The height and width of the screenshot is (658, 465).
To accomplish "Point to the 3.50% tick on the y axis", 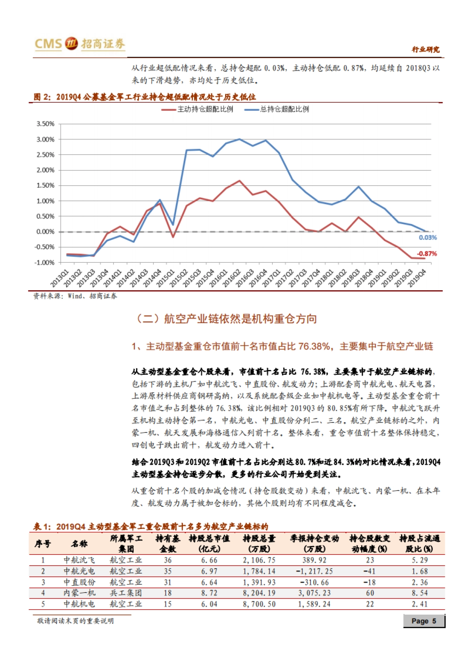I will (x=45, y=124).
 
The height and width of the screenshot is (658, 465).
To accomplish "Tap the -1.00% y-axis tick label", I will (x=45, y=263).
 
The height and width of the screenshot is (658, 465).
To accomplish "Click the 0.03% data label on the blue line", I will (x=427, y=238).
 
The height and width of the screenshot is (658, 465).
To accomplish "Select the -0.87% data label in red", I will (x=427, y=254).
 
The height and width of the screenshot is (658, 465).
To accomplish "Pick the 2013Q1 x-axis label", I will (x=60, y=277).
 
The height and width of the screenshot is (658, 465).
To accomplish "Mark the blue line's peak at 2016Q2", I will (x=239, y=139).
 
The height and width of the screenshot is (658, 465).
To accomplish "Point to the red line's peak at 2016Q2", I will (x=239, y=181).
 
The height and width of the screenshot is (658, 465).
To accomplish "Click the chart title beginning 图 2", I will (x=145, y=97).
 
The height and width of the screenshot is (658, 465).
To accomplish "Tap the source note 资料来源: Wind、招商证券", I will (x=75, y=296).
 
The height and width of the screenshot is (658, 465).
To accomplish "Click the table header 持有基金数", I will (x=167, y=543).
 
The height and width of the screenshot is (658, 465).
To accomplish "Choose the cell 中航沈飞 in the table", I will (x=79, y=560).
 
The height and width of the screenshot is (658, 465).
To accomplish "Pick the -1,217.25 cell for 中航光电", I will (x=314, y=571).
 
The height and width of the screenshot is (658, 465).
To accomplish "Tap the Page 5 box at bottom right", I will (x=424, y=621).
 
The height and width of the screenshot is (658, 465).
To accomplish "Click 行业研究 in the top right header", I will (x=425, y=49).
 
